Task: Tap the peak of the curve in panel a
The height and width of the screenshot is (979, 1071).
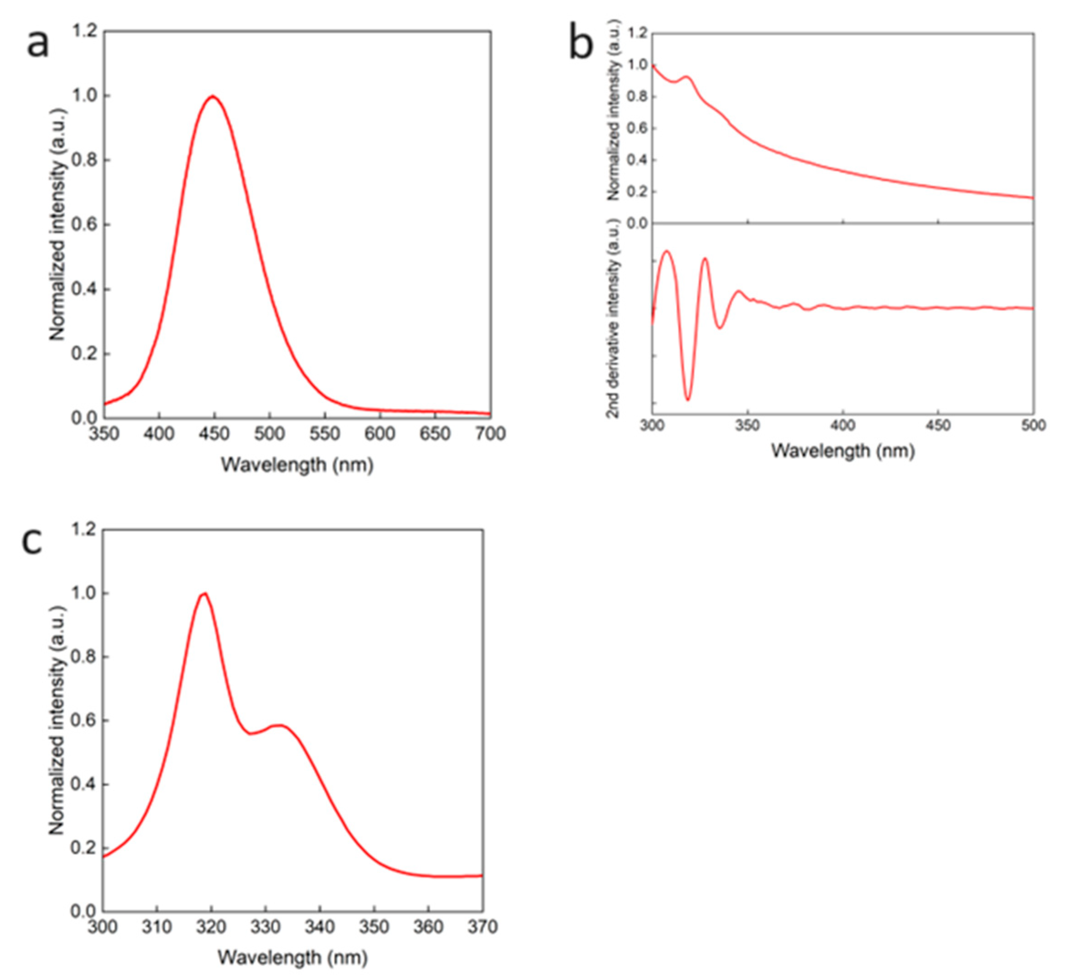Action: tap(213, 96)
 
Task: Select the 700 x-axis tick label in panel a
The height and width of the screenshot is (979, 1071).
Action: tap(490, 434)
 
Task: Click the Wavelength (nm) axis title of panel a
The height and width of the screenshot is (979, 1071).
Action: tap(297, 465)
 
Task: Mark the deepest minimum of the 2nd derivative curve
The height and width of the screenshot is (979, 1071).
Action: tap(688, 400)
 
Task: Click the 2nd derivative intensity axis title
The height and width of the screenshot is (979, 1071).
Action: tap(614, 319)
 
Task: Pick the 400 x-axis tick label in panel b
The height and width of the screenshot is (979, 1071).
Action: tap(842, 426)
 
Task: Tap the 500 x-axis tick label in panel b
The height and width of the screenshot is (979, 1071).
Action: tap(1033, 426)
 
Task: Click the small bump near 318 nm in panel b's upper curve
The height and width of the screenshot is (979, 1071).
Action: tap(687, 77)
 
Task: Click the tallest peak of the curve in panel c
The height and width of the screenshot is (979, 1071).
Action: tap(204, 594)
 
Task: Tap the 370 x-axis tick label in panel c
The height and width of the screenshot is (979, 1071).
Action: tap(483, 927)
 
